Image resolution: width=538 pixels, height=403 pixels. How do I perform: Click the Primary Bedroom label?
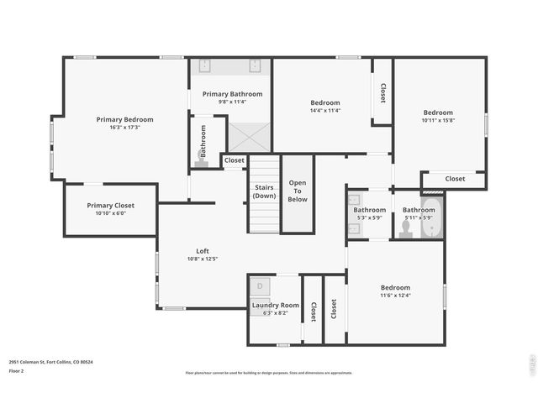[124, 119]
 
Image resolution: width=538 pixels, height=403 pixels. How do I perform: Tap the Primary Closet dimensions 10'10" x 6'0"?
[110, 214]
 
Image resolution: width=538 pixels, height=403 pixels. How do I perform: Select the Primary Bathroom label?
[232, 94]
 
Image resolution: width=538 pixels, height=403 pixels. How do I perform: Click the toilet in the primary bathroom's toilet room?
[202, 154]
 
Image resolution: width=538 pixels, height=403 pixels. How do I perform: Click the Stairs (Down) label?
[264, 191]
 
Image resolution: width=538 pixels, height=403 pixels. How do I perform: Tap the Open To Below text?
[298, 191]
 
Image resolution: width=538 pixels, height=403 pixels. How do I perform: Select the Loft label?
[202, 250]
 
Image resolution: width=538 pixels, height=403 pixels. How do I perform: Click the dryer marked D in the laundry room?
[260, 286]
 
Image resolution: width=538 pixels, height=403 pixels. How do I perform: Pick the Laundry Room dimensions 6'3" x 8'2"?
[275, 313]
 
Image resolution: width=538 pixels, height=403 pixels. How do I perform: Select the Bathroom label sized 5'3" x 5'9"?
[369, 210]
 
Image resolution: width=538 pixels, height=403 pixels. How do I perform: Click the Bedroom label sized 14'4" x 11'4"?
[324, 102]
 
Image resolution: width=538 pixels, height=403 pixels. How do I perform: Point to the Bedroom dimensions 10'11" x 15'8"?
[438, 121]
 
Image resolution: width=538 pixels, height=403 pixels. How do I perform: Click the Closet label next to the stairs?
[234, 160]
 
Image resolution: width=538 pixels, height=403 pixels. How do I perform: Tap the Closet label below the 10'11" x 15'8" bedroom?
[455, 178]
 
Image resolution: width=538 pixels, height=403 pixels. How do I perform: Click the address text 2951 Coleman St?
[51, 362]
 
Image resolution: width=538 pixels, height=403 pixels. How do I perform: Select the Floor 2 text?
[16, 370]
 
